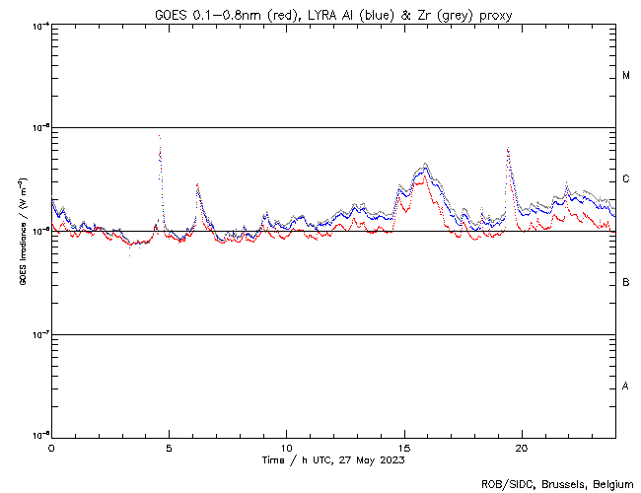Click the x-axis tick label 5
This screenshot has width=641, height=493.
[x=169, y=447]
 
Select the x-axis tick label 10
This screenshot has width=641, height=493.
[x=286, y=447]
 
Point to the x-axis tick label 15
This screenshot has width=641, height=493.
[x=404, y=447]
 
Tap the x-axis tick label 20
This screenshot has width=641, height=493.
[x=522, y=447]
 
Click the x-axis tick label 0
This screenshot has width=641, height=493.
[x=51, y=447]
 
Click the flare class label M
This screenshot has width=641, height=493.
[x=626, y=76]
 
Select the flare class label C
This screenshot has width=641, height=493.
[x=626, y=179]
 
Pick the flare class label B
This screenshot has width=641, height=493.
[x=626, y=283]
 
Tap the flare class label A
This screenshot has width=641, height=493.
[x=626, y=387]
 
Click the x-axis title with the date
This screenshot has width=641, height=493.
[x=333, y=459]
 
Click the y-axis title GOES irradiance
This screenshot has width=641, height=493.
[x=21, y=231]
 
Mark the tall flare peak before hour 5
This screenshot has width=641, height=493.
[x=159, y=136]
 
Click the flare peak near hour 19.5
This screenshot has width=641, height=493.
[x=507, y=149]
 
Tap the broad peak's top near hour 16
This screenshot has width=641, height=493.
[x=425, y=165]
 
